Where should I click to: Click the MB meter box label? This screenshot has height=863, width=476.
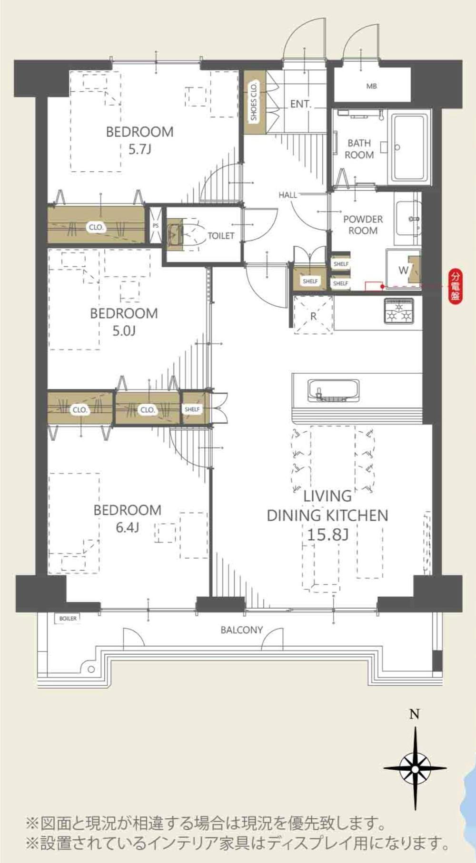click(371, 87)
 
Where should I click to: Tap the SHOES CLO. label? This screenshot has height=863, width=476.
click(253, 101)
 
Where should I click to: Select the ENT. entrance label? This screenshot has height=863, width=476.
click(300, 104)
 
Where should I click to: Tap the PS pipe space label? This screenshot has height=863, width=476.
click(155, 225)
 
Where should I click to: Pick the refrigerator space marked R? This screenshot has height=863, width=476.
click(313, 315)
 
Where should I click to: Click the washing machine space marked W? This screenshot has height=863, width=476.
click(403, 270)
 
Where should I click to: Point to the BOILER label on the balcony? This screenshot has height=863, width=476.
click(68, 619)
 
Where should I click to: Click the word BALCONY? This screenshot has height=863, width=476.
click(241, 630)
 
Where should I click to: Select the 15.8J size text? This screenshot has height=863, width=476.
click(327, 535)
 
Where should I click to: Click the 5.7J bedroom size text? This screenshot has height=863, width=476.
click(139, 150)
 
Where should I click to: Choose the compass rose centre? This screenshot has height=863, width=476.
click(415, 768)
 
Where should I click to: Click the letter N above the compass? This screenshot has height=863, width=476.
click(415, 714)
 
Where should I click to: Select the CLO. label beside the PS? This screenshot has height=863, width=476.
click(96, 227)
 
